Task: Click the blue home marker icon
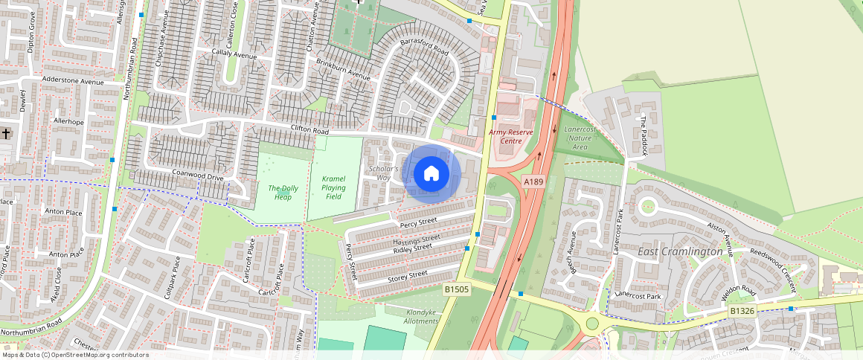(x=431, y=174)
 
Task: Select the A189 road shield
(x=533, y=181)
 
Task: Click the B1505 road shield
(x=457, y=289)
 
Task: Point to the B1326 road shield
(x=742, y=310)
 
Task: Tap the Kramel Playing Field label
(x=334, y=187)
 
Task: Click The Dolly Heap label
(x=283, y=193)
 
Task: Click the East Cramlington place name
(x=680, y=252)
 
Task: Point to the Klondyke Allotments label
(x=421, y=316)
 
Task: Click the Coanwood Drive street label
(x=198, y=177)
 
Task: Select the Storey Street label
(x=408, y=275)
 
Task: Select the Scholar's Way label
(x=384, y=173)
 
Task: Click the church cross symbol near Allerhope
(x=6, y=133)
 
